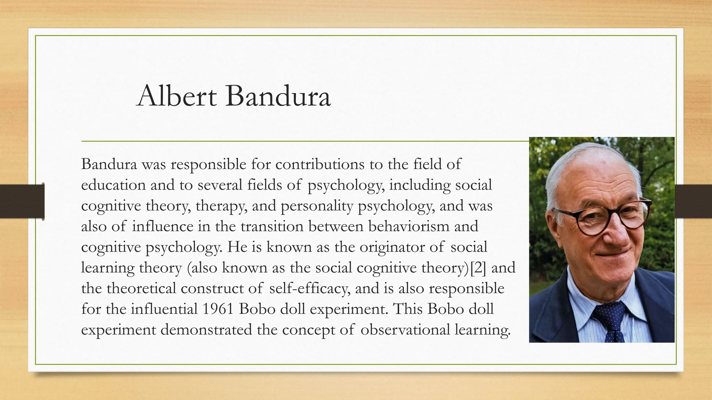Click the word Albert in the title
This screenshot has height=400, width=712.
point(177,96)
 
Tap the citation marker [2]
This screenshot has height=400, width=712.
point(478,268)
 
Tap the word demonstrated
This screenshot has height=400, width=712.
point(206,330)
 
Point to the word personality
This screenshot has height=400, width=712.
point(317,206)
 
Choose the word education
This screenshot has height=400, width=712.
point(113,185)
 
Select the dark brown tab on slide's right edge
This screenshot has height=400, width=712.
point(693,201)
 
